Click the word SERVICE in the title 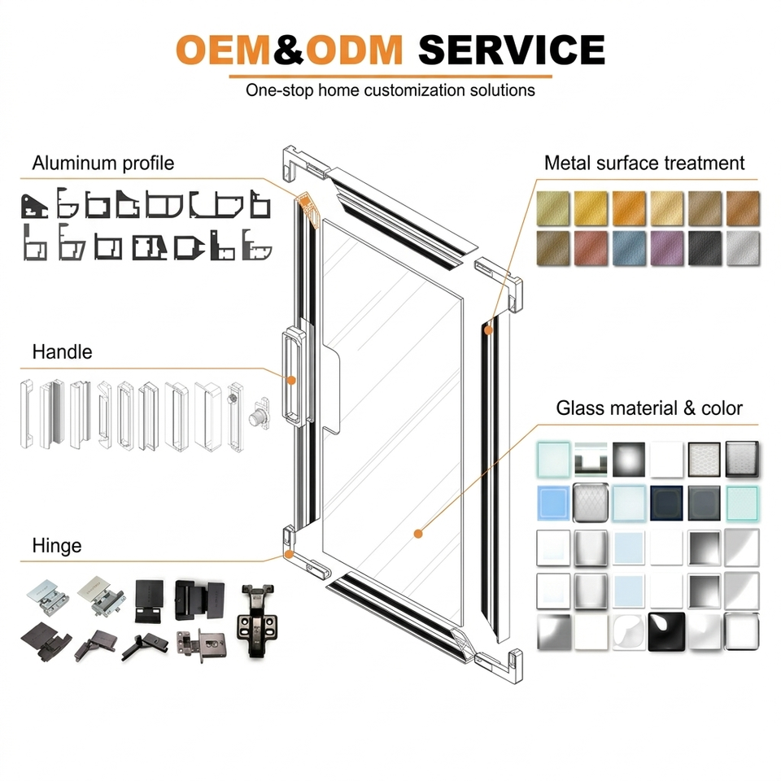pos(512,50)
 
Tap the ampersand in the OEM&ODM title pos(288,50)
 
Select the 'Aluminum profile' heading pos(103,164)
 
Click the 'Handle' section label pos(63,351)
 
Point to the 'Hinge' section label pos(57,545)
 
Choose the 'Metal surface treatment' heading pos(644,163)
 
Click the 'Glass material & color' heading pos(649,408)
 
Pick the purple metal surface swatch pos(667,247)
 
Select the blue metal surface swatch pos(629,247)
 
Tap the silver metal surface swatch pos(743,247)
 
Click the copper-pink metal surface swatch pos(591,247)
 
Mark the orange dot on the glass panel pos(418,534)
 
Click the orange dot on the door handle pos(292,381)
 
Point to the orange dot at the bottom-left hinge pos(288,554)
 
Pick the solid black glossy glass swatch pos(666,631)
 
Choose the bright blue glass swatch pos(553,503)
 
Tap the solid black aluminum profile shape pos(34,206)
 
